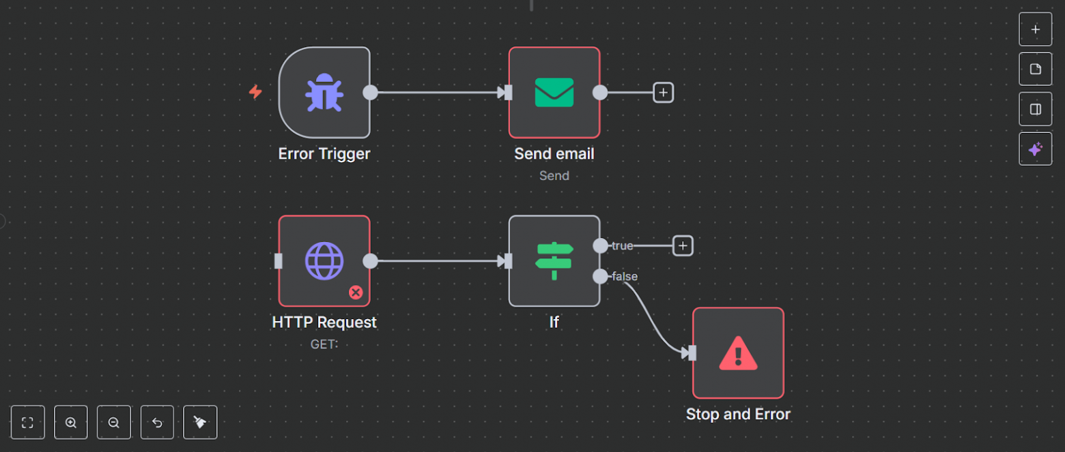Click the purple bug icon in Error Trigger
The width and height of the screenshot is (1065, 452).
click(324, 93)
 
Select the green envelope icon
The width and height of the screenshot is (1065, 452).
click(554, 93)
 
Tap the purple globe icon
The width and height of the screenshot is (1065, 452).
click(324, 261)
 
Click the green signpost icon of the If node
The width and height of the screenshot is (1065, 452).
click(554, 261)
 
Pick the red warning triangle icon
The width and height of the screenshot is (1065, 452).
click(738, 353)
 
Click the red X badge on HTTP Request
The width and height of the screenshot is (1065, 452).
click(356, 292)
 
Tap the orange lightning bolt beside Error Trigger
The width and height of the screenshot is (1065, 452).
click(255, 92)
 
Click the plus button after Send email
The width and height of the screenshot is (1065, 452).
click(663, 93)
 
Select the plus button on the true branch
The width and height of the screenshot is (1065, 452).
click(683, 245)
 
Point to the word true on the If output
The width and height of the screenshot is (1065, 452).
click(622, 245)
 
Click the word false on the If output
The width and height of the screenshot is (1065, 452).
click(625, 276)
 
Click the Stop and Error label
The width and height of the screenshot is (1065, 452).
click(738, 415)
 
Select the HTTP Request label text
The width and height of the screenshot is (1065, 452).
click(324, 322)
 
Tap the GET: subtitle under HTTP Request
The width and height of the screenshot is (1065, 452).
click(324, 344)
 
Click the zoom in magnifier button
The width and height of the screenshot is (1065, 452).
click(71, 423)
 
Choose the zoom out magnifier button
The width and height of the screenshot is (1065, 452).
click(114, 423)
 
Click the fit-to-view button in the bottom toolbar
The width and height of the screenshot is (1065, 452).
click(28, 423)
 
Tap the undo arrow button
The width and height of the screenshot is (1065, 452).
click(157, 423)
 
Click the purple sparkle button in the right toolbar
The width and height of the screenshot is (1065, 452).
click(1035, 149)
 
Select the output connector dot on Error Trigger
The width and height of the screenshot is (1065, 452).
click(370, 93)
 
